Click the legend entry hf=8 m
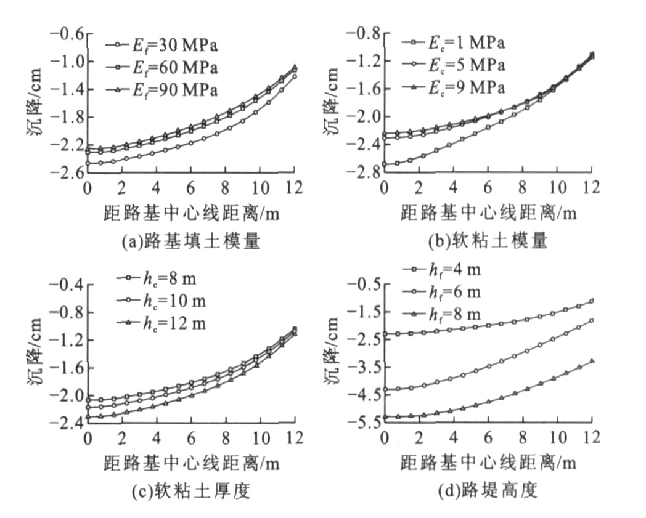coord(449,315)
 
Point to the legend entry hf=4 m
coord(449,270)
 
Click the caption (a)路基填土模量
coord(190,242)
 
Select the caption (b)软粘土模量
coord(488,242)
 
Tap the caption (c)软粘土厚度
coord(190,492)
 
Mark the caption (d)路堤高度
coord(486,492)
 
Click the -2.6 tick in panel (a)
coord(66,173)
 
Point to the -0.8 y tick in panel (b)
coord(363,33)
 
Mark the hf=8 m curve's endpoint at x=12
coord(592,360)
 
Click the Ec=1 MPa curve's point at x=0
coord(385,164)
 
